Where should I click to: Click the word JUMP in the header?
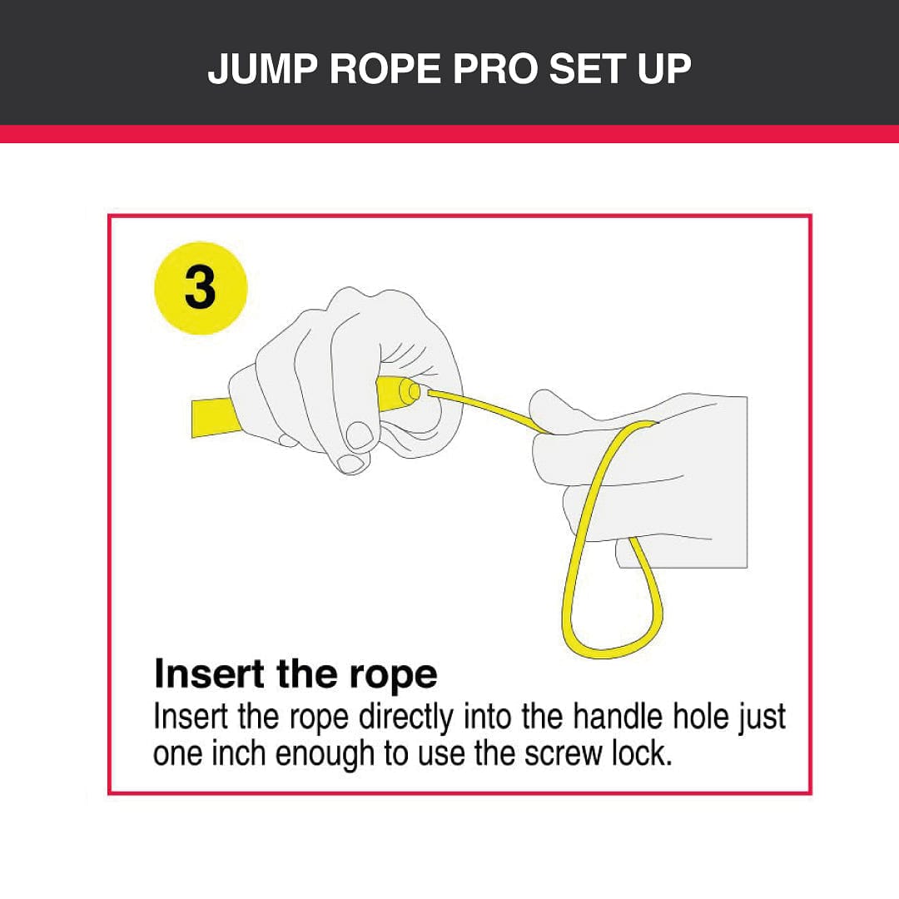262,69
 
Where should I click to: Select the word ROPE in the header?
385,69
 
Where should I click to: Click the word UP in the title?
664,69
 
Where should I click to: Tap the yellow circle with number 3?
201,288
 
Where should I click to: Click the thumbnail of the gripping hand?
360,435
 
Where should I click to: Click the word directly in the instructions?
406,718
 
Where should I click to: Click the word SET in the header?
587,69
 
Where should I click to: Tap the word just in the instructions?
762,718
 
